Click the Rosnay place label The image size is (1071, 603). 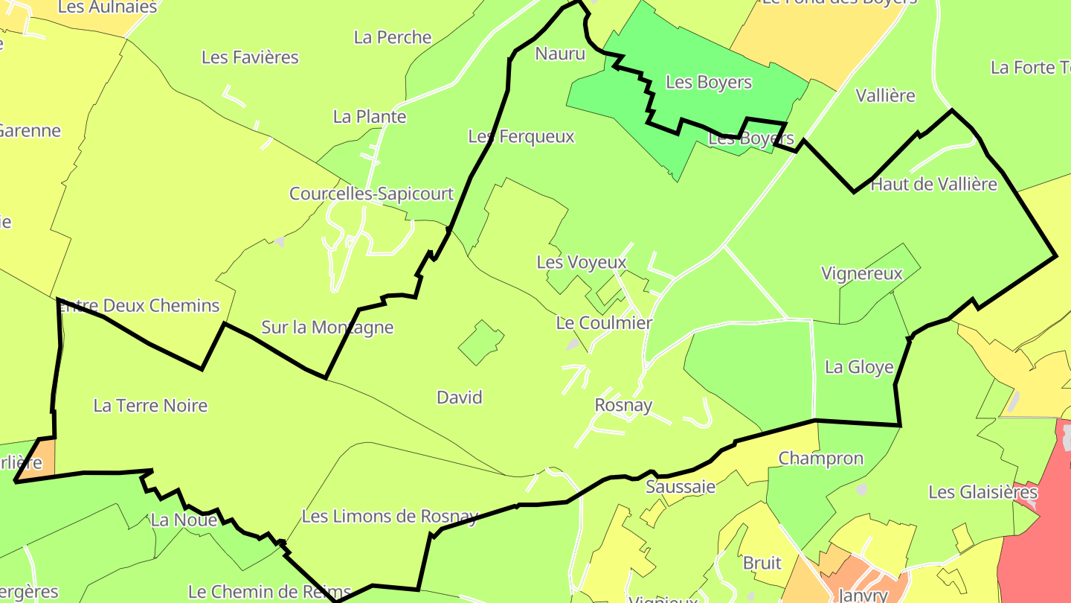click(x=623, y=406)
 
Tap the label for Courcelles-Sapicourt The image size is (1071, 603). click(x=371, y=194)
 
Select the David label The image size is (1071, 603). click(x=460, y=398)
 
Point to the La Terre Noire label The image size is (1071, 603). click(x=150, y=406)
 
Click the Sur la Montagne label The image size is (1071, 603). click(x=327, y=328)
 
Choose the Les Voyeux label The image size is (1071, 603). click(x=582, y=263)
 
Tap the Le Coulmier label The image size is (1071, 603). click(x=604, y=323)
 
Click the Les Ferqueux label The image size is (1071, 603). click(x=521, y=137)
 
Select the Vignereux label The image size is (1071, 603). click(x=862, y=273)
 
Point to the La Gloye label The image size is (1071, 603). click(x=859, y=368)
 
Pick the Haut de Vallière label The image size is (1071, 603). click(x=933, y=185)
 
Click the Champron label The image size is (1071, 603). click(x=821, y=459)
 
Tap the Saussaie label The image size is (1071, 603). click(x=681, y=487)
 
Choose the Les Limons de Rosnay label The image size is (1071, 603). click(x=390, y=516)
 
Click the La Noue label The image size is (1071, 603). click(x=184, y=520)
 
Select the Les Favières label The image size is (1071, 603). click(x=250, y=57)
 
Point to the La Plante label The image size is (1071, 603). click(x=370, y=117)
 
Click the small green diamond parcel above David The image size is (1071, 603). click(x=481, y=342)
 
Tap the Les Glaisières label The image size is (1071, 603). click(x=982, y=492)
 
